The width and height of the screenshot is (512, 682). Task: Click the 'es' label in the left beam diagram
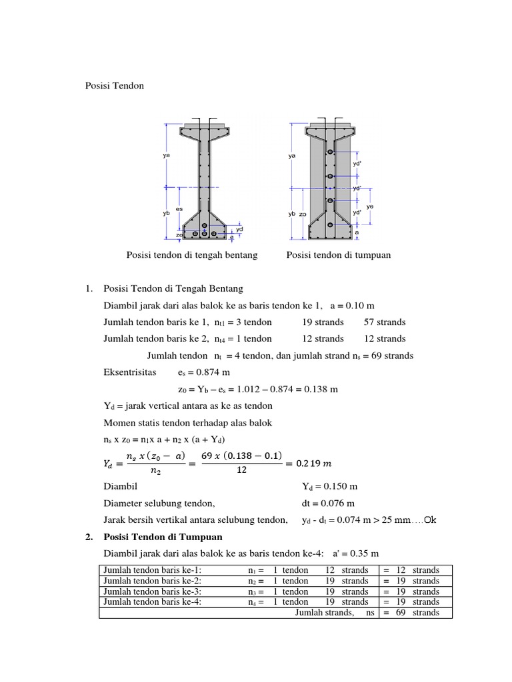[x=179, y=209]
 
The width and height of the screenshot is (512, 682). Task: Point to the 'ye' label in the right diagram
[x=370, y=206]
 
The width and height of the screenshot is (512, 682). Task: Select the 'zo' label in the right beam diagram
[x=303, y=214]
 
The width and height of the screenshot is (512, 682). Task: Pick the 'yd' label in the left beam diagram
[x=239, y=228]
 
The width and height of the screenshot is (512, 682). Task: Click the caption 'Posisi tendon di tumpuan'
[x=338, y=255]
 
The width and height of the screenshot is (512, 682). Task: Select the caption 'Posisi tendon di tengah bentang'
[x=191, y=255]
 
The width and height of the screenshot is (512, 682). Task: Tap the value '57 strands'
[x=385, y=322]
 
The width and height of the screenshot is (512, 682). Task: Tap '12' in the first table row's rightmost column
[x=401, y=570]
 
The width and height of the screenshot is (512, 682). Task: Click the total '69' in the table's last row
[x=401, y=613]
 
